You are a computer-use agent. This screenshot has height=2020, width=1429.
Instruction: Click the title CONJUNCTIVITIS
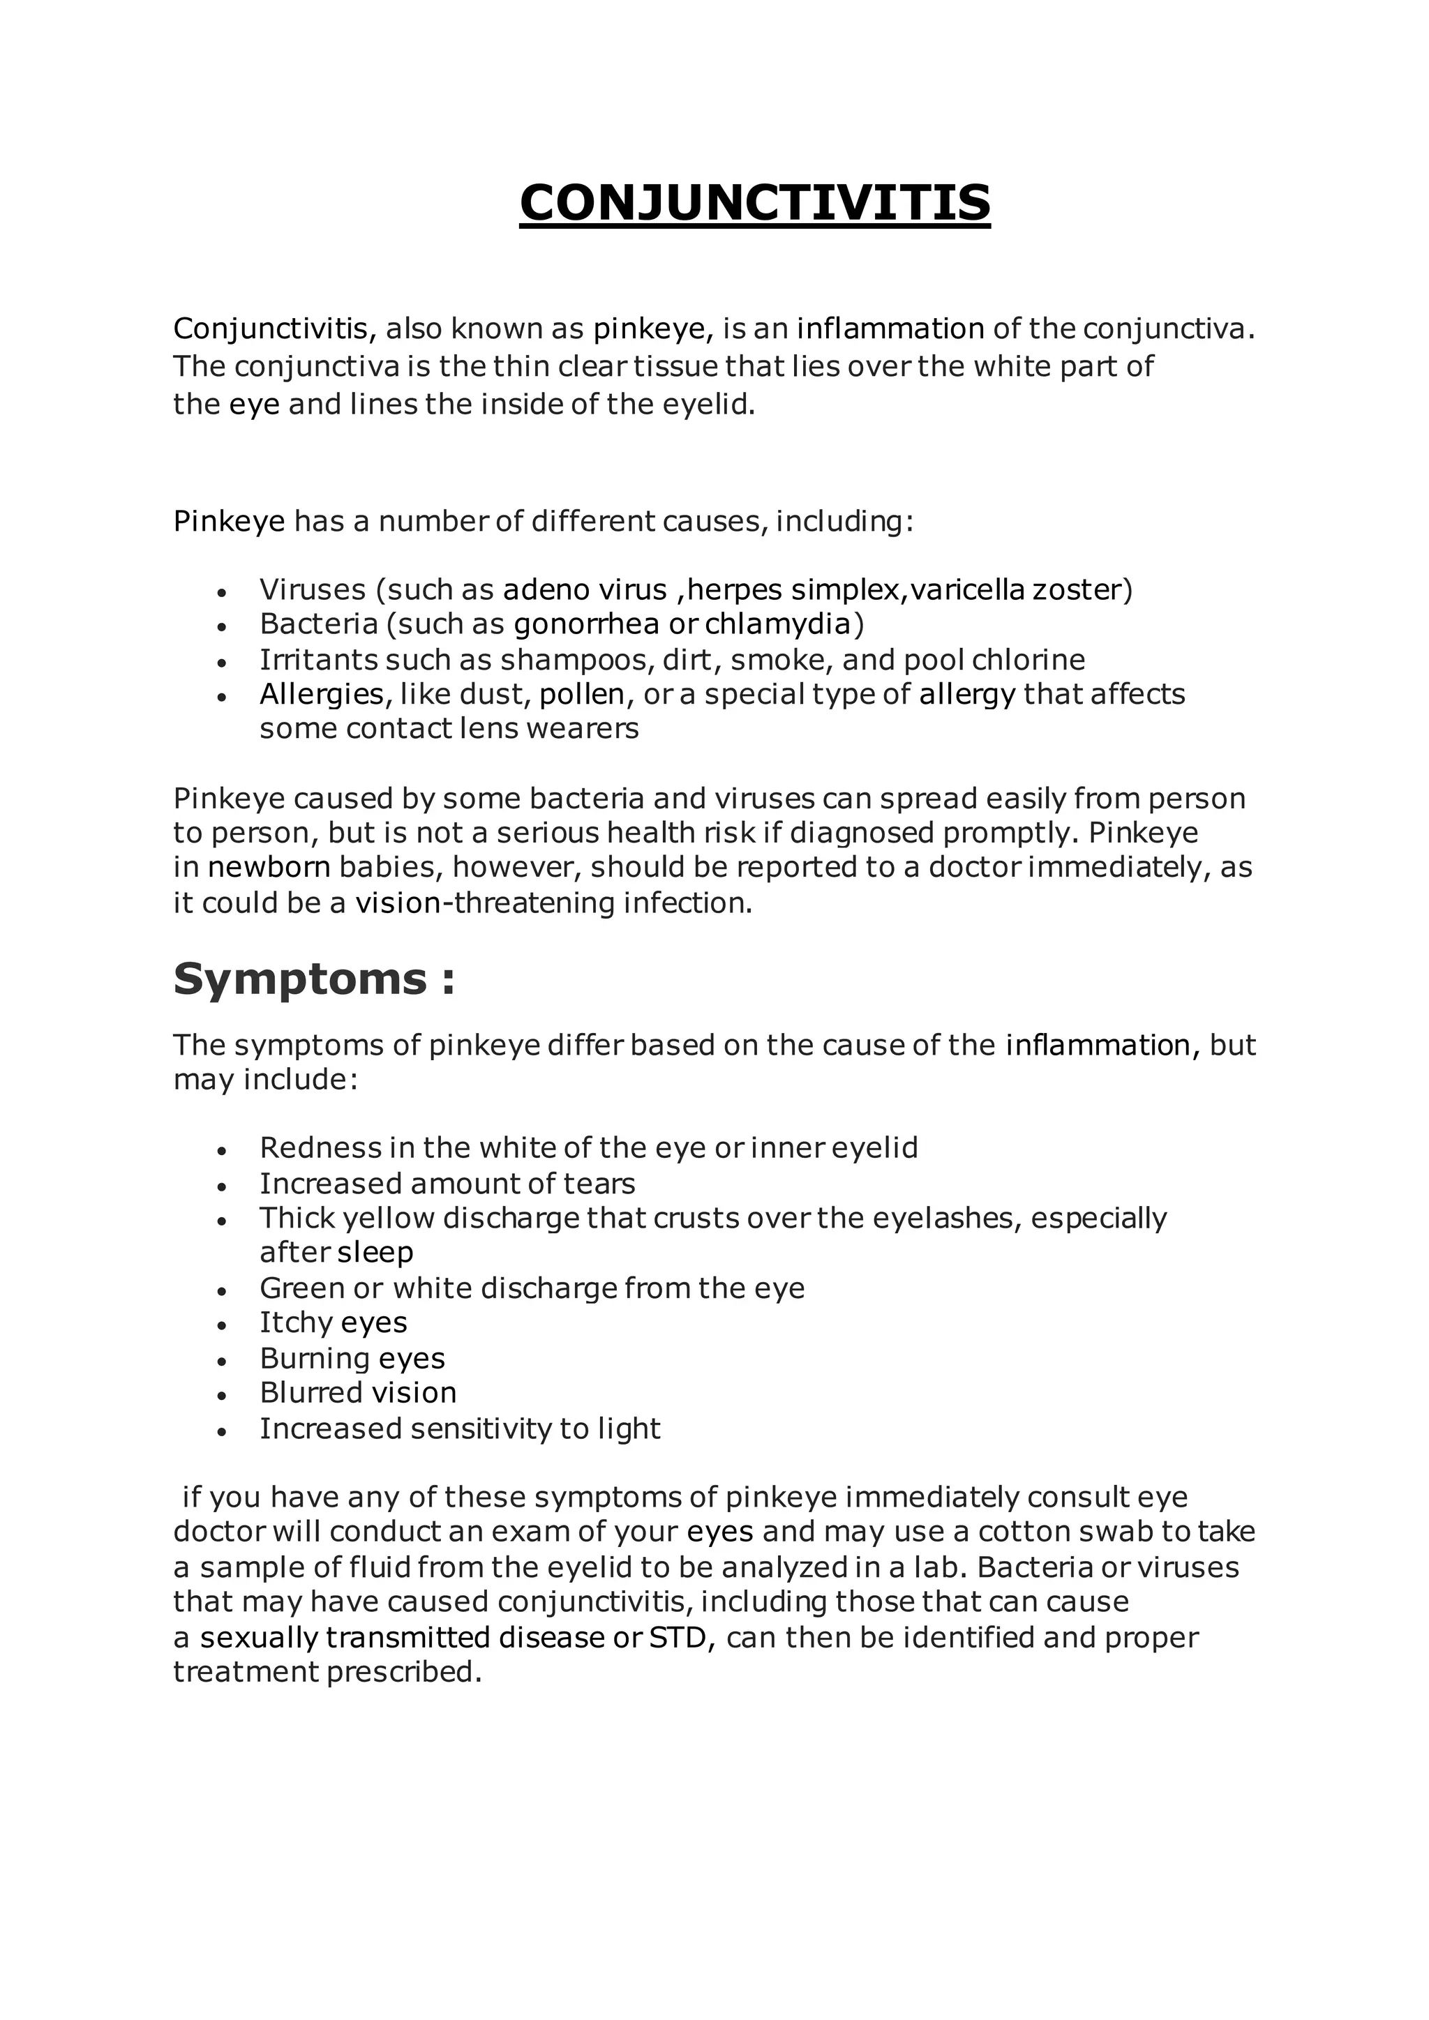click(x=755, y=202)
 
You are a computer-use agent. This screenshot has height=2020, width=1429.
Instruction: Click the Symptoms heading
click(x=314, y=979)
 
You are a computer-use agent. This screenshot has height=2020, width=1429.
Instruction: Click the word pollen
click(x=582, y=694)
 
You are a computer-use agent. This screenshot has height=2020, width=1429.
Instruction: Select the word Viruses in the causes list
click(x=313, y=589)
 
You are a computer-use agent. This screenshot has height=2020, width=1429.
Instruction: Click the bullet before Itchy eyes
click(x=222, y=1325)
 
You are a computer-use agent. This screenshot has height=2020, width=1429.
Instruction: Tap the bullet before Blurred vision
click(x=222, y=1394)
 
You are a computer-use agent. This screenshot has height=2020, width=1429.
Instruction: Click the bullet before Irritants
click(x=222, y=663)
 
